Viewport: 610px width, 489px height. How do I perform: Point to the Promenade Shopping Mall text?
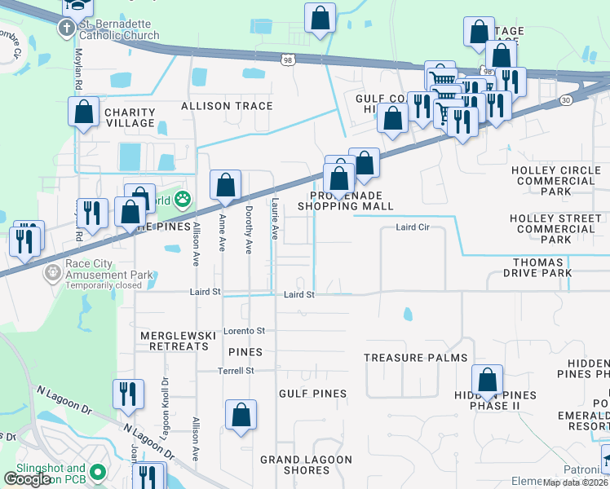pyautogui.click(x=345, y=201)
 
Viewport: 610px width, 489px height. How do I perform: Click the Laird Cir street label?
pyautogui.click(x=413, y=228)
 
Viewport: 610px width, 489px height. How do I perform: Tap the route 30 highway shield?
pyautogui.click(x=565, y=99)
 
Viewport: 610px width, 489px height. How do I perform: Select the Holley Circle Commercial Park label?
pyautogui.click(x=555, y=181)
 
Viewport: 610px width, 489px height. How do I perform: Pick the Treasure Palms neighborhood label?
pyautogui.click(x=415, y=358)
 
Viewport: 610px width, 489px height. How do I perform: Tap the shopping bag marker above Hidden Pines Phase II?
pyautogui.click(x=487, y=380)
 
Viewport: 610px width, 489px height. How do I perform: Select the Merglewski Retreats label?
pyautogui.click(x=174, y=341)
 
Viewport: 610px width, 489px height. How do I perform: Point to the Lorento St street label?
pyautogui.click(x=245, y=331)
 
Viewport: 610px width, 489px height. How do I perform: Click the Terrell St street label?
pyautogui.click(x=236, y=370)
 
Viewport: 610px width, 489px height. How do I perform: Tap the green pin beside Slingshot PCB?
pyautogui.click(x=99, y=472)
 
